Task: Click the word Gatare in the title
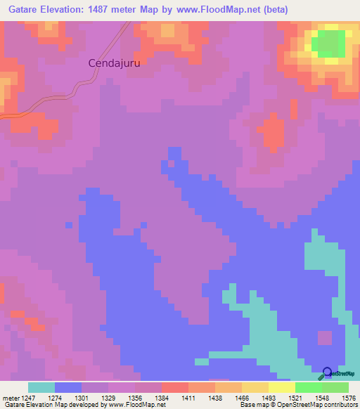click(x=27, y=10)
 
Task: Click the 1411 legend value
click(x=189, y=397)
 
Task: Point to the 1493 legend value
click(x=269, y=397)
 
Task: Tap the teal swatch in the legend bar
click(x=41, y=387)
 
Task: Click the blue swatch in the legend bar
click(x=68, y=387)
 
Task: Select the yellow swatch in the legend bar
click(x=282, y=387)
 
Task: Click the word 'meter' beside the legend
click(x=9, y=397)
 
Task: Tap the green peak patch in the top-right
click(x=327, y=44)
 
